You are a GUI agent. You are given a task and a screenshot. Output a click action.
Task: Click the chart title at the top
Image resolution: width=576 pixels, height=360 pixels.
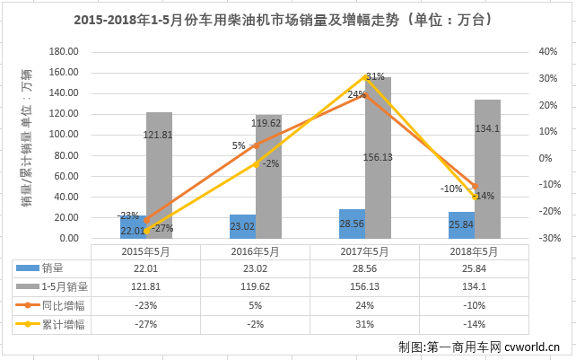pyautogui.click(x=287, y=21)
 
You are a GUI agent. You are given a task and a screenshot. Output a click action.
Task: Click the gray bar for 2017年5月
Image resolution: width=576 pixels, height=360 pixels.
pyautogui.click(x=379, y=158)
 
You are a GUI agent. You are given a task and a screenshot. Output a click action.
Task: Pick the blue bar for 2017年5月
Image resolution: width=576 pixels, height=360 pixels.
pyautogui.click(x=352, y=224)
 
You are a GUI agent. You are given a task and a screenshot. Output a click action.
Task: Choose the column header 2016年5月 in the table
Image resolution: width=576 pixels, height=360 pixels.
pyautogui.click(x=254, y=251)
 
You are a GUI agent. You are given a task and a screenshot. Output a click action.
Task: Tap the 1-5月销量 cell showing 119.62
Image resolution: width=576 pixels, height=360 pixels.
pyautogui.click(x=254, y=286)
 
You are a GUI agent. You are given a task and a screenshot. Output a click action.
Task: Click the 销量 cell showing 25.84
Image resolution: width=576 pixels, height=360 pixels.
pyautogui.click(x=475, y=268)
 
